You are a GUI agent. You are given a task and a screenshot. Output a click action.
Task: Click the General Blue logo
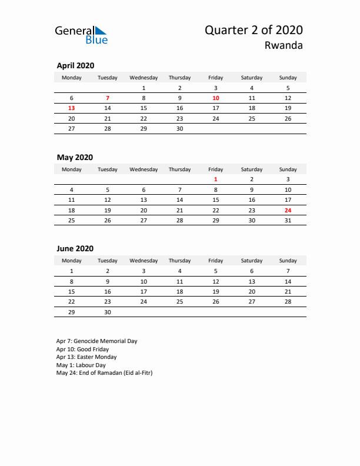pyautogui.click(x=81, y=35)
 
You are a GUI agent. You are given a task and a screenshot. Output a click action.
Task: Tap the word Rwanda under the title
pyautogui.click(x=285, y=46)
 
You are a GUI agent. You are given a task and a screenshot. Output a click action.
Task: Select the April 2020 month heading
pyautogui.click(x=75, y=66)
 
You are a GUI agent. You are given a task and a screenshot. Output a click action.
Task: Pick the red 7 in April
pyautogui.click(x=108, y=98)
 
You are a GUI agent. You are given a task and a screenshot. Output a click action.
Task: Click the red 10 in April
pyautogui.click(x=216, y=98)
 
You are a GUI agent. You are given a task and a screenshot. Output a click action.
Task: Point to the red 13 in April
pyautogui.click(x=72, y=108)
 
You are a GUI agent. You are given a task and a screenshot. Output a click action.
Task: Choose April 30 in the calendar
pyautogui.click(x=179, y=129)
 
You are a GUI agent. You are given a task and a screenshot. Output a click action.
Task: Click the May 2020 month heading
pyautogui.click(x=75, y=157)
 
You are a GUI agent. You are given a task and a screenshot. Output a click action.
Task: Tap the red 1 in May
pyautogui.click(x=216, y=179)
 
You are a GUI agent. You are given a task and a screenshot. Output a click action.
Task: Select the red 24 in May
pyautogui.click(x=288, y=210)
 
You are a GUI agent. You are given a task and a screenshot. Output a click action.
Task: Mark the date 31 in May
pyautogui.click(x=288, y=221)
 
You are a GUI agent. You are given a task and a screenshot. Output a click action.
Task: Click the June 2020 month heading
pyautogui.click(x=75, y=249)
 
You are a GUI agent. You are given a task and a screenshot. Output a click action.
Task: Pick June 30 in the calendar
pyautogui.click(x=108, y=312)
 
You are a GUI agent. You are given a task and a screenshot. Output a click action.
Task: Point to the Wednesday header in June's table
pyautogui.click(x=144, y=261)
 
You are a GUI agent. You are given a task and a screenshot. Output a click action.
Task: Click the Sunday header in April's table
pyautogui.click(x=288, y=78)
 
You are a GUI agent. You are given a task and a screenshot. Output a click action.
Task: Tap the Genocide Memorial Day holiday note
pyautogui.click(x=97, y=341)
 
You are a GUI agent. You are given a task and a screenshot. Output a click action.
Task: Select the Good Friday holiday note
pyautogui.click(x=82, y=349)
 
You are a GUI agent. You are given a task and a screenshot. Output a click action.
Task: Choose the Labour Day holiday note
pyautogui.click(x=82, y=365)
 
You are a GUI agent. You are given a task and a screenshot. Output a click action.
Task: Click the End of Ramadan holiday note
pyautogui.click(x=104, y=373)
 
